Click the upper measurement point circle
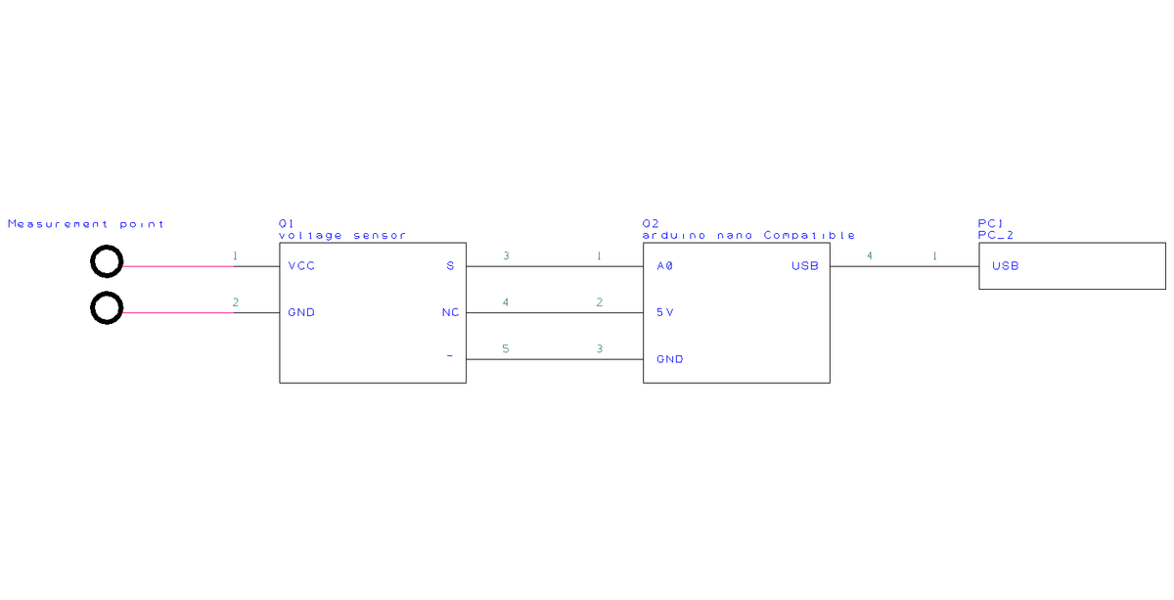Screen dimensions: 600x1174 point(107,262)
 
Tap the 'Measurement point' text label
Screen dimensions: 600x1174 point(86,224)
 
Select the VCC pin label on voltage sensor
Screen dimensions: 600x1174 point(301,266)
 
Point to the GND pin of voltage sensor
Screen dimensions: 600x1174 point(301,313)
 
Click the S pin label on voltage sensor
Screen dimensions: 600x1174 point(450,266)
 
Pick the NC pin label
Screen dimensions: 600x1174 point(450,313)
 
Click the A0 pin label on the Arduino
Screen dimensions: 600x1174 point(665,266)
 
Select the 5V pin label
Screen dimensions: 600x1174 point(665,313)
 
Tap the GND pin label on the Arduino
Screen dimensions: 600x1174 point(670,359)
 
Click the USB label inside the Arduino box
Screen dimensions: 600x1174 point(804,266)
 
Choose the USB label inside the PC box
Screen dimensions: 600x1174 point(1005,266)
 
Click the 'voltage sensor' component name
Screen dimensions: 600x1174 point(342,236)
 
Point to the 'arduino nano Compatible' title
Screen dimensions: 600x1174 point(749,236)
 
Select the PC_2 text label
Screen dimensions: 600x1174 point(995,236)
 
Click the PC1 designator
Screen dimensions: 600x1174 point(991,224)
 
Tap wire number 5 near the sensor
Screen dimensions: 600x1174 point(506,348)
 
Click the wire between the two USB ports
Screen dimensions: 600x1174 point(904,265)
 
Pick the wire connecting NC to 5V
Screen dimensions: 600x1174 point(554,312)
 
